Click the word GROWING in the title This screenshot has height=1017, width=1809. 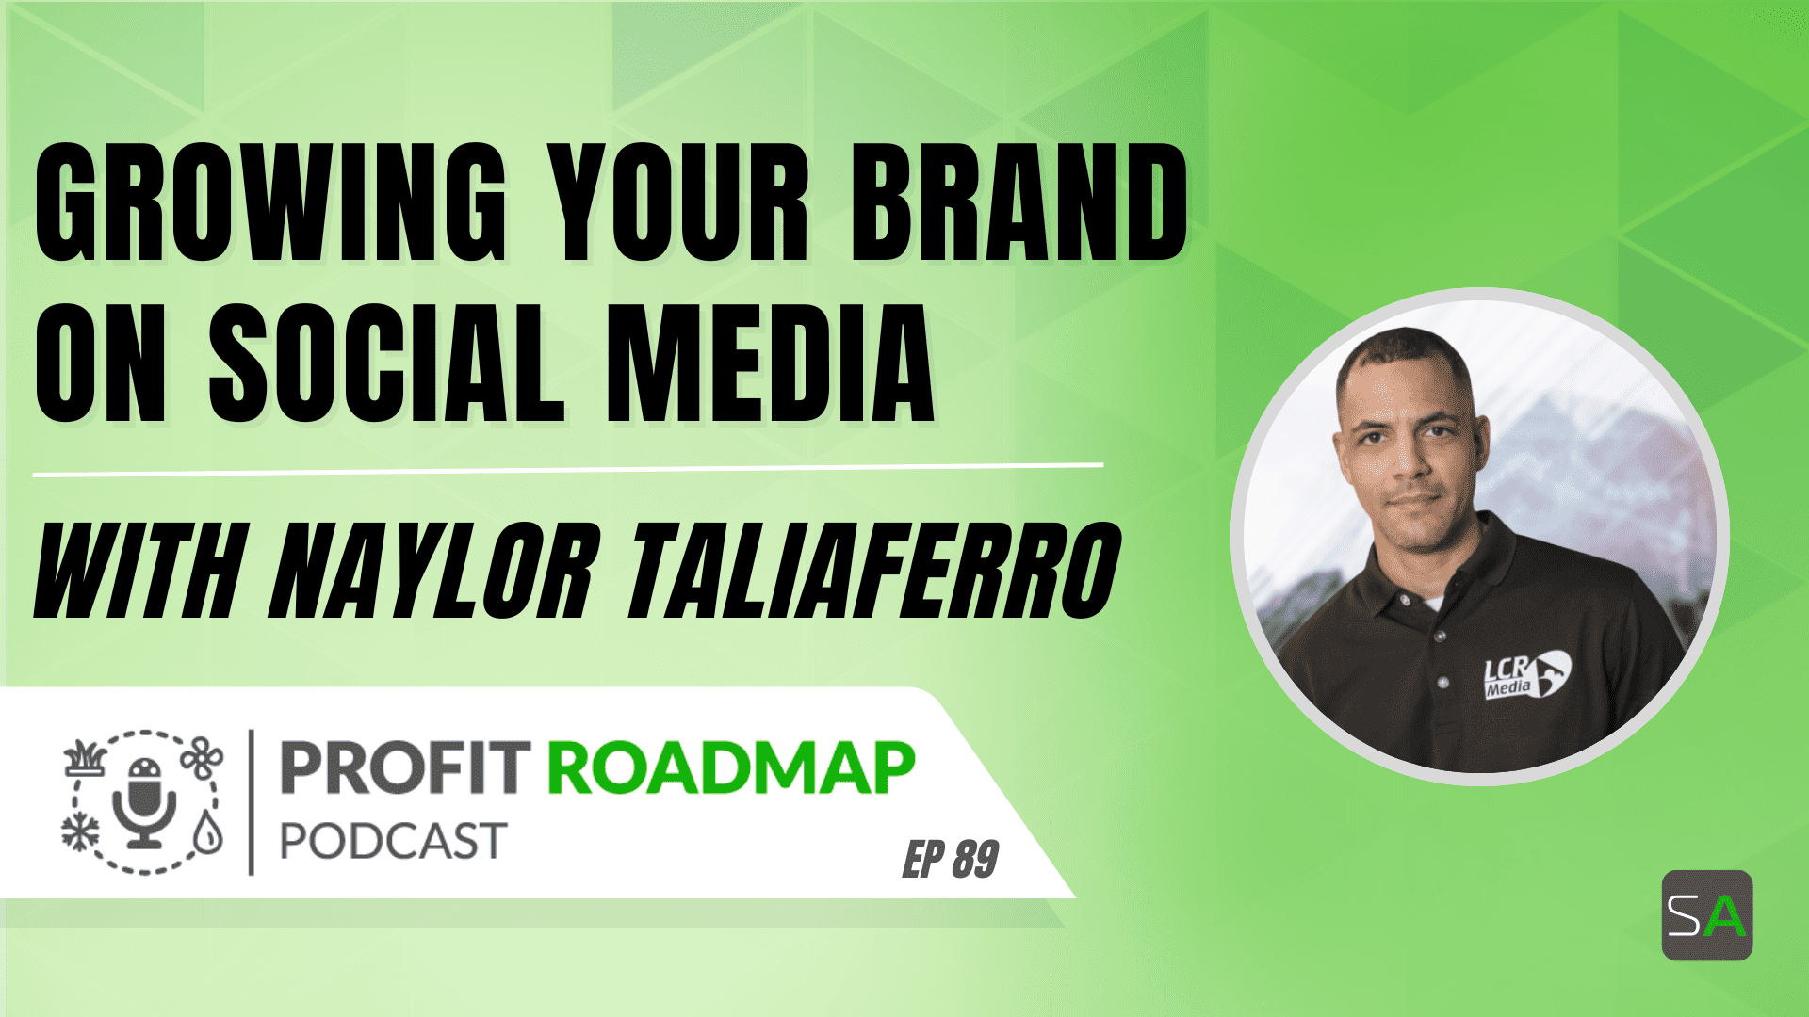click(x=270, y=202)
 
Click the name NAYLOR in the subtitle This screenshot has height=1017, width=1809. click(x=433, y=571)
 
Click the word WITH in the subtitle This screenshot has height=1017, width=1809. click(x=139, y=571)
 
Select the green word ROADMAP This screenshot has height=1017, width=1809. click(x=731, y=768)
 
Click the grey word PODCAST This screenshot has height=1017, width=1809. click(x=394, y=841)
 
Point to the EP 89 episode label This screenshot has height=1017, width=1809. click(x=951, y=859)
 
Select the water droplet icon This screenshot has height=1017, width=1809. click(x=207, y=832)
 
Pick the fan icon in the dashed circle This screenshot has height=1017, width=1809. click(x=202, y=759)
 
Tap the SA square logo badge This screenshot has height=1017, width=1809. click(x=1706, y=915)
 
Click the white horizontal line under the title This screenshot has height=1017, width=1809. click(x=568, y=470)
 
